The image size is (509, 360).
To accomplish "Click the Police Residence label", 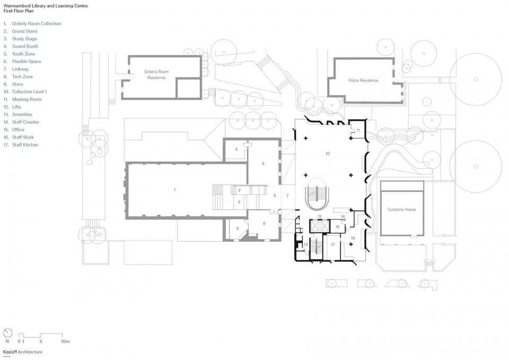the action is coord(363,80).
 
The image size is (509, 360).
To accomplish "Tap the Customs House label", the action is coord(401,209).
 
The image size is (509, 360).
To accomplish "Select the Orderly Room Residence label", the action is coord(156,74).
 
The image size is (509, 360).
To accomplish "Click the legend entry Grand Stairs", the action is coord(25,31).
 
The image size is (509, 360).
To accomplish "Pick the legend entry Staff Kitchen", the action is coord(25,145).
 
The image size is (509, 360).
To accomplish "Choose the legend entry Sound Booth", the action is coord(25,46).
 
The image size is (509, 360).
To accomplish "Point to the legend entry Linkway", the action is coord(20,69).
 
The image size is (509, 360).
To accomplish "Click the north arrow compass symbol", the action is coord(7,333).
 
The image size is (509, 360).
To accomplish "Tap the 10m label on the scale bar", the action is coord(65,341).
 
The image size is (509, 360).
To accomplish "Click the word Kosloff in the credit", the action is coord(10,352).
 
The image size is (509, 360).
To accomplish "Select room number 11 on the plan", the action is coord(358,130).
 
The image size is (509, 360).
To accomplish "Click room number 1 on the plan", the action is coord(174,190).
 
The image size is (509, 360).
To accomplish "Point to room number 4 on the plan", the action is coord(236,150).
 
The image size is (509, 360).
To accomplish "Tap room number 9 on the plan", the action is coord(238,229).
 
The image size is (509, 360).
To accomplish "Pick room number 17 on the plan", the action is coord(333,245).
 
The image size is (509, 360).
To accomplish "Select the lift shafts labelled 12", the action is coord(320,226).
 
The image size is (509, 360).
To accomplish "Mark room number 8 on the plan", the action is coord(264,223).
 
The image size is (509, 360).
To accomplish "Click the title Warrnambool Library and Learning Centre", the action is coord(46,6).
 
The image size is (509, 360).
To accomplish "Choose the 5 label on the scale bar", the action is coord(41,341).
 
